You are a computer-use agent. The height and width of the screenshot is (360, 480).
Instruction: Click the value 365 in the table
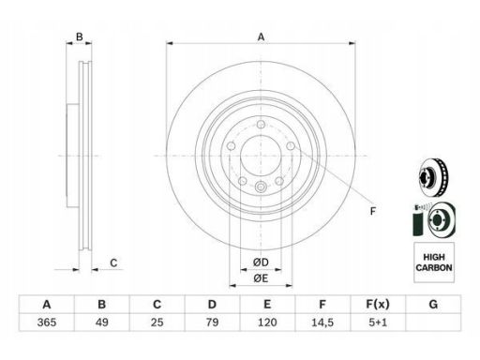coord(47,322)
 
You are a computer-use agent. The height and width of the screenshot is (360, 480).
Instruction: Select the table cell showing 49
coord(102,322)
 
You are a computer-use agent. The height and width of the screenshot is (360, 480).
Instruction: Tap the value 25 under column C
coord(157,322)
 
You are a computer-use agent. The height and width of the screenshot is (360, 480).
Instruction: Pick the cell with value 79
coord(212,322)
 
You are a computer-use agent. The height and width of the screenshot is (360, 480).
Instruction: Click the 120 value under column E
coord(267,322)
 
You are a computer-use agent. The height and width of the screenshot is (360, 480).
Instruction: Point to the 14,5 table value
coord(322,322)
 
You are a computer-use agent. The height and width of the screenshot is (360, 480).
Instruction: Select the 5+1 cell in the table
coord(378,322)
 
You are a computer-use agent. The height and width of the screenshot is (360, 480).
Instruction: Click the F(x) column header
coord(378,305)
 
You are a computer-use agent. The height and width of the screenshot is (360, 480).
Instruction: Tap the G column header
coord(433,304)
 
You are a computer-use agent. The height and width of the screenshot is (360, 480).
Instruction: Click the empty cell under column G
coord(433,322)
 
